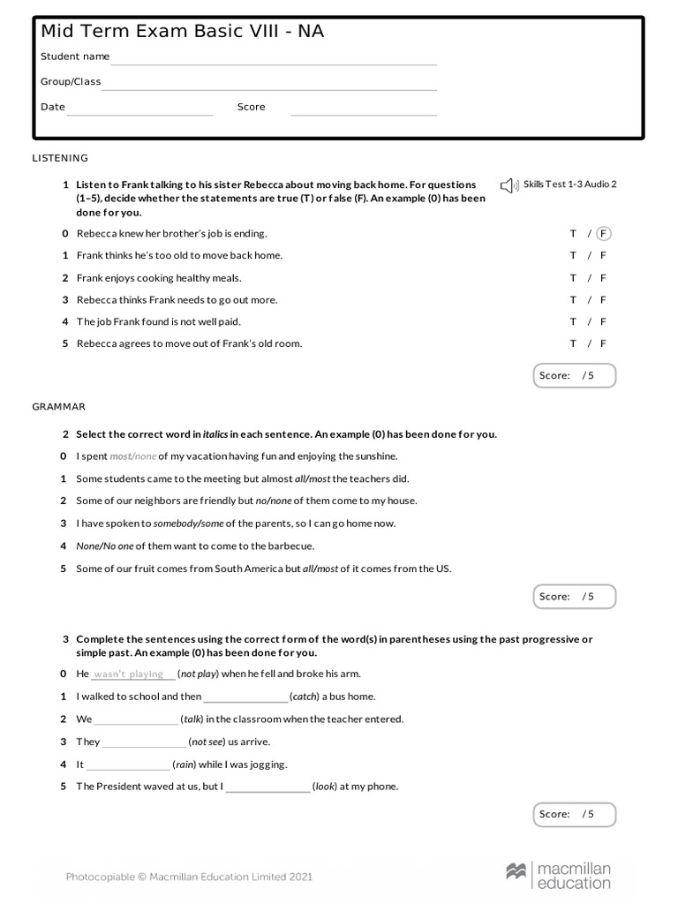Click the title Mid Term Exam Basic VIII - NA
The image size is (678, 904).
point(182,32)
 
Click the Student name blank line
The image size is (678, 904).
point(274,62)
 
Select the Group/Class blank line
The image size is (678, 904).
point(269,87)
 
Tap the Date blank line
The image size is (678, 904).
point(140,112)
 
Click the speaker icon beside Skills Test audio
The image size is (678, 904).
point(508,185)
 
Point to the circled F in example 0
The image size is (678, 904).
point(604,234)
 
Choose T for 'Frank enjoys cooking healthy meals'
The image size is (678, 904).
point(573,278)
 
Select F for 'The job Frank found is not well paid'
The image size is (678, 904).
point(604,322)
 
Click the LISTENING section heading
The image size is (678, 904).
point(60,158)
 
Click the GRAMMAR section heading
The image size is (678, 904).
point(58,407)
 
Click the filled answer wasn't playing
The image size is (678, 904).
point(129,674)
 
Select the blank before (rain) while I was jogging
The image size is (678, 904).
point(128,765)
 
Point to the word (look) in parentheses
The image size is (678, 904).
point(324,787)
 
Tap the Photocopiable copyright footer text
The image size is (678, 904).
point(189,877)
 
